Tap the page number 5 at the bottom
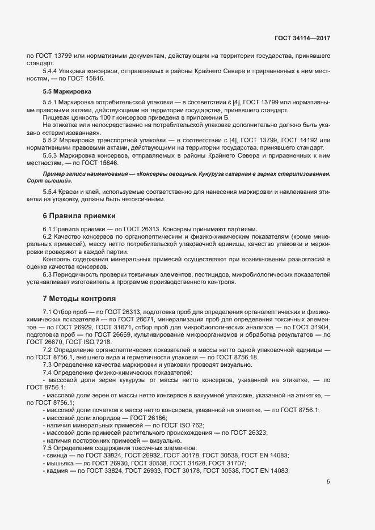328,482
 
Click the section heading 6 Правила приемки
79,216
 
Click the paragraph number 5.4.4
52,71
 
